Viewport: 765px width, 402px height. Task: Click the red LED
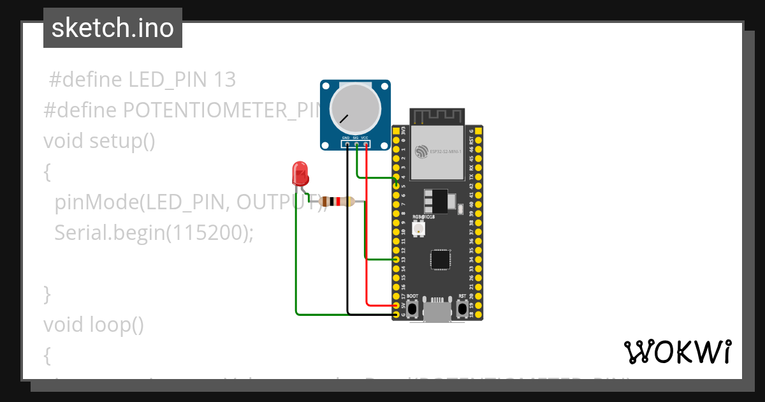point(299,172)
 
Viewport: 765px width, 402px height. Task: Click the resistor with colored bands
point(336,202)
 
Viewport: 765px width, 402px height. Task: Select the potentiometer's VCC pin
point(365,144)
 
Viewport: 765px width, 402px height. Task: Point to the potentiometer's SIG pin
point(356,144)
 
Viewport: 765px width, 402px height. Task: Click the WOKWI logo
point(678,352)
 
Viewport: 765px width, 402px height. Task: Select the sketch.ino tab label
point(113,29)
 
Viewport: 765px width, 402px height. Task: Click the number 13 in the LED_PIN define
point(224,80)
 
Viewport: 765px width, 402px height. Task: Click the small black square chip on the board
point(439,258)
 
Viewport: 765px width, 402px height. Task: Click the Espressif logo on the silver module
point(421,152)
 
